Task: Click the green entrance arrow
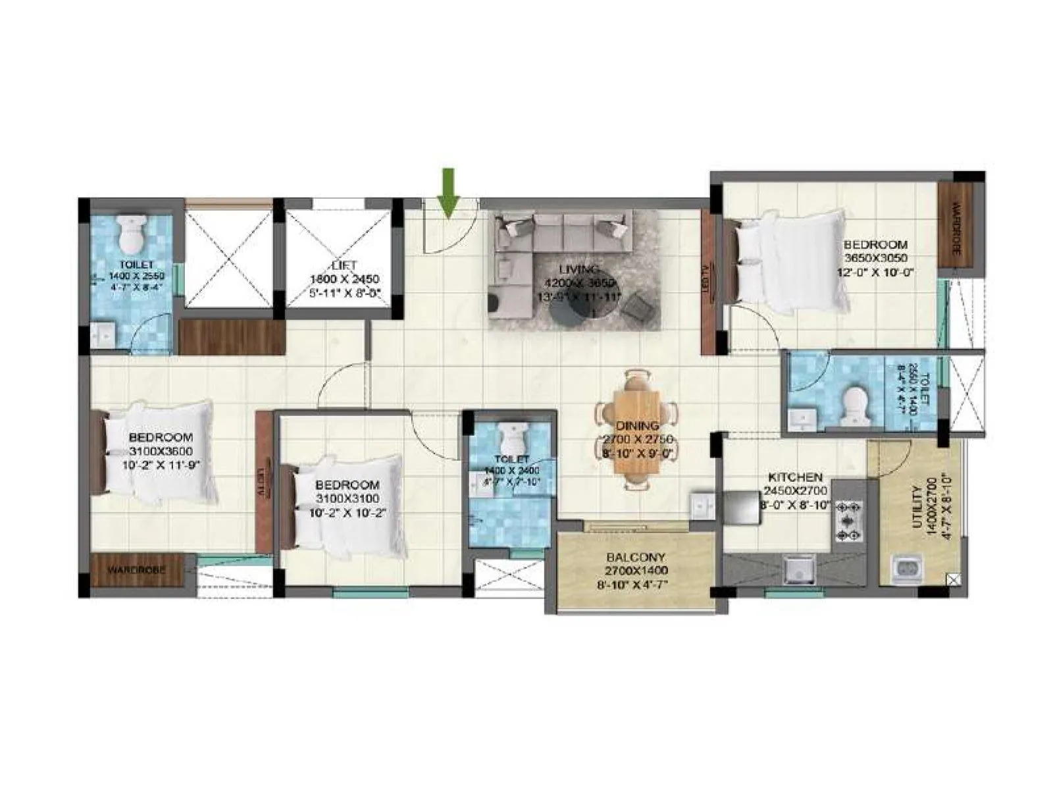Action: pyautogui.click(x=448, y=192)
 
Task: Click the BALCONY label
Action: pyautogui.click(x=636, y=556)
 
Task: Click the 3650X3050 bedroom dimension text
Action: pyautogui.click(x=876, y=258)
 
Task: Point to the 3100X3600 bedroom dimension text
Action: pyautogui.click(x=161, y=451)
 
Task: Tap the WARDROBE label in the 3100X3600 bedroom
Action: pyautogui.click(x=136, y=569)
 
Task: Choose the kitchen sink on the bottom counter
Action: pyautogui.click(x=798, y=568)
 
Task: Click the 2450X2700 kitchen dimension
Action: pyautogui.click(x=796, y=491)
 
